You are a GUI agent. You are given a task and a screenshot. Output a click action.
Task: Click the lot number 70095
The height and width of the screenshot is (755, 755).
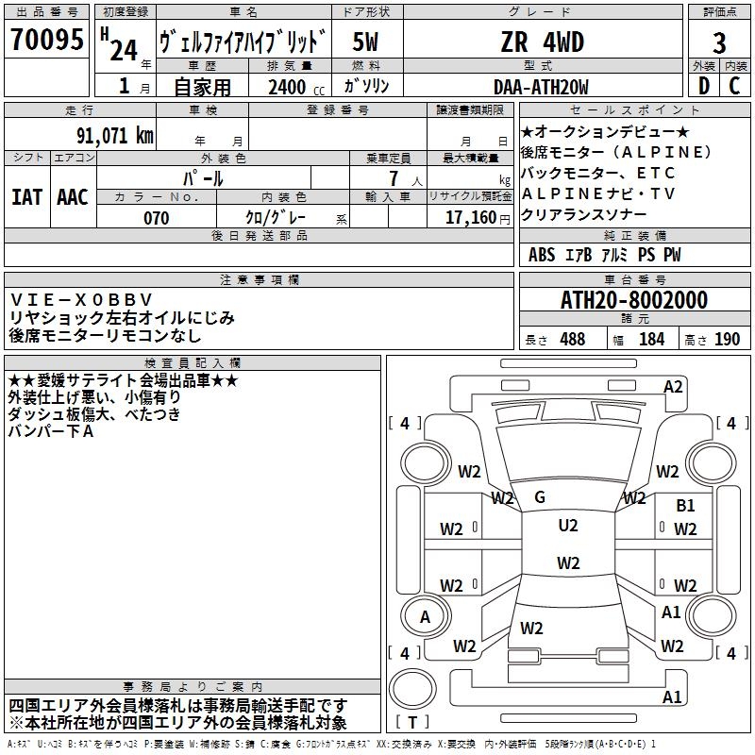(x=47, y=41)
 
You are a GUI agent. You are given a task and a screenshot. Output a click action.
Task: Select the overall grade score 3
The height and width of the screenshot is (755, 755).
(x=719, y=42)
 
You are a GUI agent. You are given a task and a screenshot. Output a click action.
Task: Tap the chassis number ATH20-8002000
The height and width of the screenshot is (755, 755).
(x=633, y=301)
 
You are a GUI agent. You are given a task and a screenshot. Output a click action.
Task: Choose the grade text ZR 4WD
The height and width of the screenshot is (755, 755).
(x=542, y=42)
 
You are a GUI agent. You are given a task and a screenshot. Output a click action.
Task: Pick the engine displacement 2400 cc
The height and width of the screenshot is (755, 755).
(x=287, y=88)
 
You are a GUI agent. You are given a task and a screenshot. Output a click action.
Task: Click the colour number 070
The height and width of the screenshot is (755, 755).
(x=156, y=218)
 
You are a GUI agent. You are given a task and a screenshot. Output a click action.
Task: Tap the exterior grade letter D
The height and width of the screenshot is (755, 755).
(x=703, y=86)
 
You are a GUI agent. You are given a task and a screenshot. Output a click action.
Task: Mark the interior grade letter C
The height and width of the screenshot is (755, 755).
(x=734, y=86)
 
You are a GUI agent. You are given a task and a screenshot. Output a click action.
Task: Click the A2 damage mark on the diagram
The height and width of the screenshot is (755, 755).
(x=673, y=386)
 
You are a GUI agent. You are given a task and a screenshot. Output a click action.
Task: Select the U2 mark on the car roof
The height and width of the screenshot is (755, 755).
(x=568, y=526)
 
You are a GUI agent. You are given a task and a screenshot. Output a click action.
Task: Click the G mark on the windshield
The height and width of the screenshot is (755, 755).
(x=540, y=497)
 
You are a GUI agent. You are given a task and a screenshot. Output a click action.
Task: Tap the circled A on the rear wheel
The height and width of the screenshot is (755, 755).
(x=425, y=616)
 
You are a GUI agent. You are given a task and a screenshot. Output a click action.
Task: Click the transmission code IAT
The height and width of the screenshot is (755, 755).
(x=26, y=196)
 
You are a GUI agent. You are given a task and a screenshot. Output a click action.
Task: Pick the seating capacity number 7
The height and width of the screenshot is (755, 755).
(x=389, y=178)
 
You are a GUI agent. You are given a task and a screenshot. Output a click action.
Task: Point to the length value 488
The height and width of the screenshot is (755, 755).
(x=572, y=340)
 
